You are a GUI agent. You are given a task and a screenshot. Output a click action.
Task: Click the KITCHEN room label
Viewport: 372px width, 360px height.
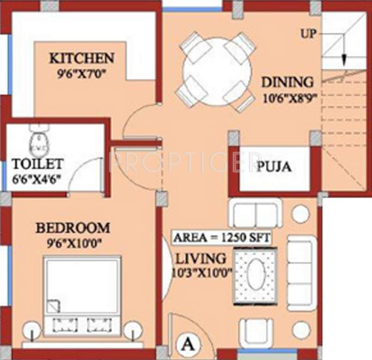pyautogui.click(x=82, y=59)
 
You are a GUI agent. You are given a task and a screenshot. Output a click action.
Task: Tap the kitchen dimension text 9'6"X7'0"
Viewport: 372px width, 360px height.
pyautogui.click(x=82, y=73)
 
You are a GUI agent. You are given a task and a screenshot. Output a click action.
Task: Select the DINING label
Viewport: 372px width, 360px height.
pyautogui.click(x=287, y=82)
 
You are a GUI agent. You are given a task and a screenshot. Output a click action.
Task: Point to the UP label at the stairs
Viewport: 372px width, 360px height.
pyautogui.click(x=309, y=33)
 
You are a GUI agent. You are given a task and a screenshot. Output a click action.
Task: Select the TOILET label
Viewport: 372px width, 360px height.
pyautogui.click(x=37, y=164)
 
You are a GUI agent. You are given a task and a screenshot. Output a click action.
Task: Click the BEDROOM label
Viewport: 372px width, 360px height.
pyautogui.click(x=73, y=228)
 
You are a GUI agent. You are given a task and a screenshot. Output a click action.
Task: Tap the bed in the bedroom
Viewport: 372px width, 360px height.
pyautogui.click(x=82, y=291)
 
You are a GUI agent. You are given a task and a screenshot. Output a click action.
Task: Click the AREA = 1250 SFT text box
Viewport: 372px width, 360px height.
pyautogui.click(x=222, y=238)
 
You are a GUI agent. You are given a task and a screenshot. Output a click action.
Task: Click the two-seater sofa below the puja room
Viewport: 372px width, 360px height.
pyautogui.click(x=255, y=213)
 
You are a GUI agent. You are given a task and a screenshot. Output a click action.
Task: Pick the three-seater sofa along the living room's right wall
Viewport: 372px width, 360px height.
pyautogui.click(x=302, y=271)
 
